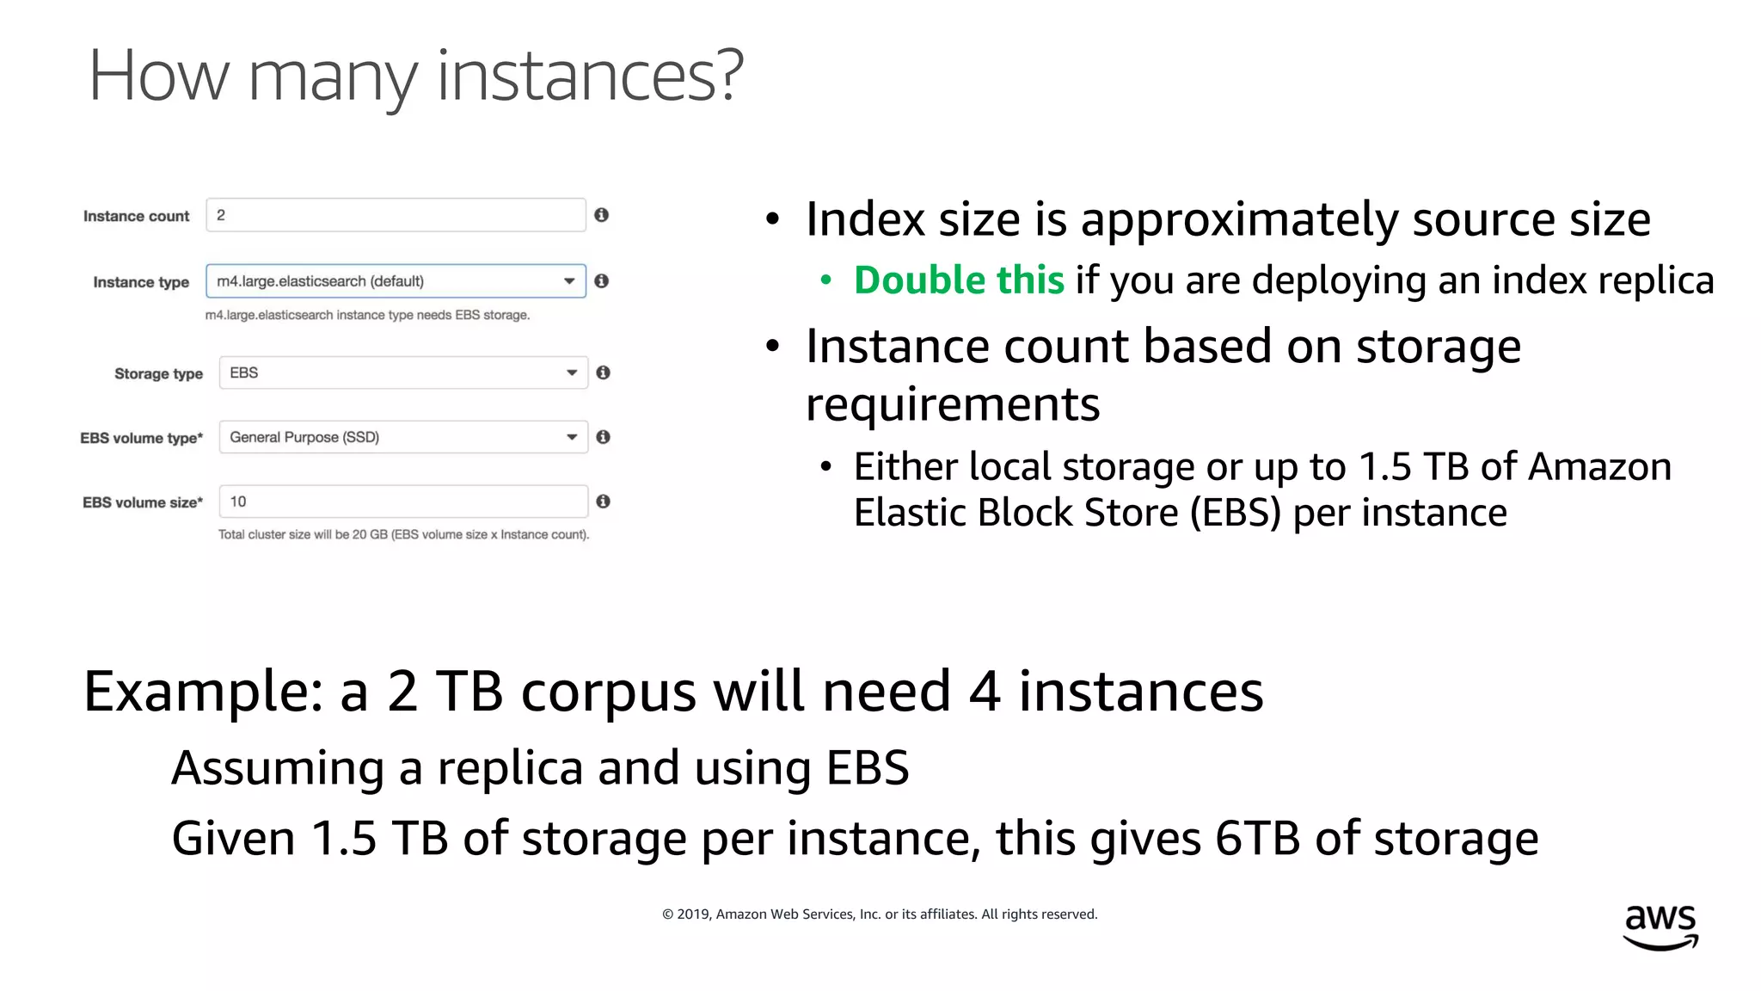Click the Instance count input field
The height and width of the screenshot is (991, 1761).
coord(396,215)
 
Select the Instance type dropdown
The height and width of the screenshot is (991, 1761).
coord(396,281)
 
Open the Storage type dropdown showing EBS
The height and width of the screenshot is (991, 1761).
coord(403,372)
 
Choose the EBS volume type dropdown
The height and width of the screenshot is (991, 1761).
coord(403,437)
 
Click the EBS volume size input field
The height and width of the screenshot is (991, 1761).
coord(403,502)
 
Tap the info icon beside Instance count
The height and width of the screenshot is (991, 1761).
coord(602,215)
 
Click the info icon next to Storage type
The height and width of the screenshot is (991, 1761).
coord(604,372)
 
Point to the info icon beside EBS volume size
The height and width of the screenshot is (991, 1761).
coord(604,502)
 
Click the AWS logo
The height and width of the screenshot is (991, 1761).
coord(1660,926)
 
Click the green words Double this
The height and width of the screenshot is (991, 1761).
coord(959,280)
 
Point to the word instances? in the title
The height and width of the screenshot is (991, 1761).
coord(590,77)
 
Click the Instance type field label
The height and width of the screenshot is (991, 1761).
coord(141,282)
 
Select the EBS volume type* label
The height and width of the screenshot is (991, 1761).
coord(142,438)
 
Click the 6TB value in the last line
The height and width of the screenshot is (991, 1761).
coord(1257,839)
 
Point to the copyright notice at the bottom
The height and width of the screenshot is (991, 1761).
coord(880,914)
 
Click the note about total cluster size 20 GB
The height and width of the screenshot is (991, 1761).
coord(403,534)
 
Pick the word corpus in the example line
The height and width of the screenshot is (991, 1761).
coord(609,692)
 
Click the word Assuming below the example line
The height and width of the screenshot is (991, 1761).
coord(278,768)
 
